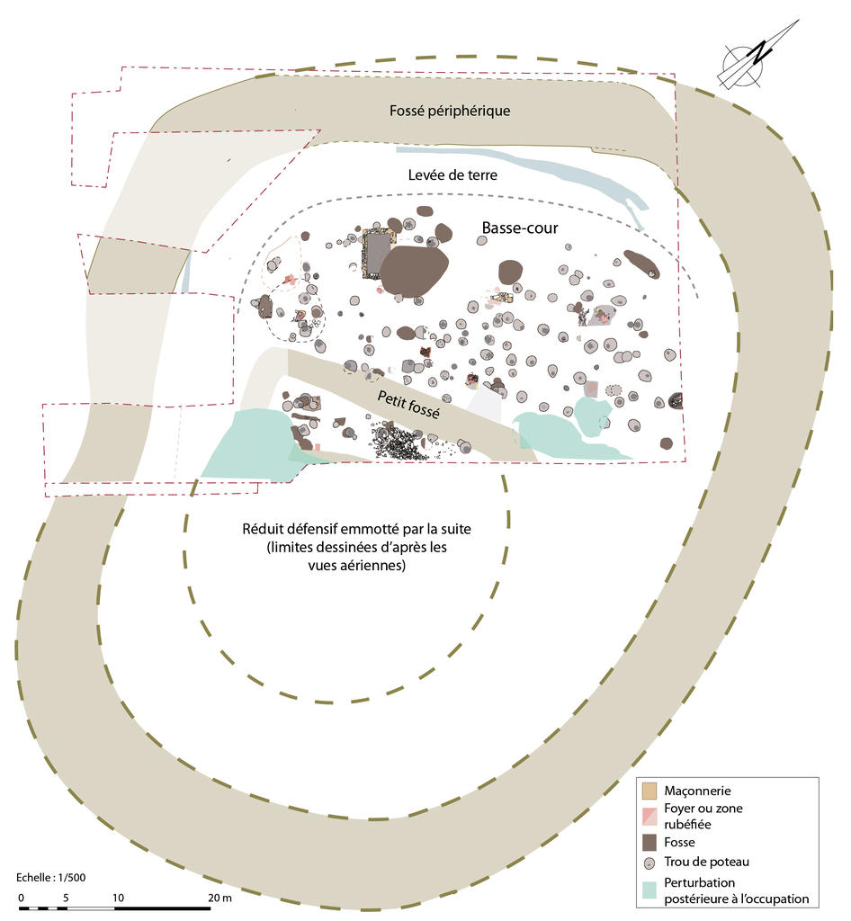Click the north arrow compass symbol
point(758,56)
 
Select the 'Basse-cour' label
point(520,228)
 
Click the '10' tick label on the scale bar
point(117,898)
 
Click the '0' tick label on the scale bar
point(21,898)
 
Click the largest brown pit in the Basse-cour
point(413,271)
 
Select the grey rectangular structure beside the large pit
point(379,255)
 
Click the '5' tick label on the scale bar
point(67,898)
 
